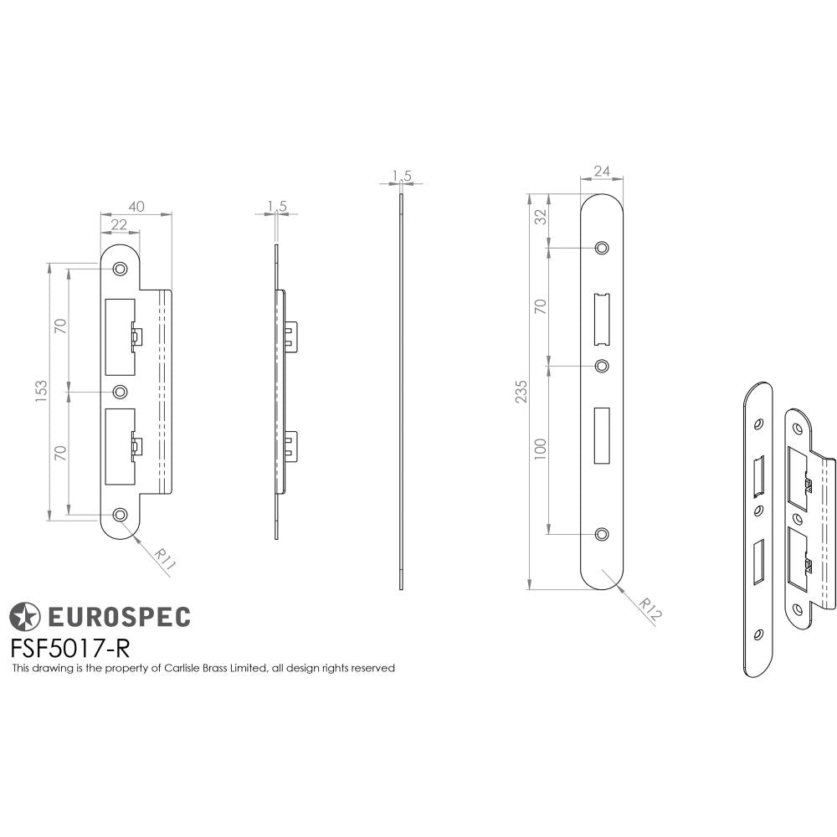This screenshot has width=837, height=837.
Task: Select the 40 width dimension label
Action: pyautogui.click(x=136, y=206)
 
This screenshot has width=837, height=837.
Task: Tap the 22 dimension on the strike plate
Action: pyautogui.click(x=119, y=224)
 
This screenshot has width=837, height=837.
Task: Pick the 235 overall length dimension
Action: pyautogui.click(x=521, y=391)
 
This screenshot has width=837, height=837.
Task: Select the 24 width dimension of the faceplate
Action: pyautogui.click(x=601, y=172)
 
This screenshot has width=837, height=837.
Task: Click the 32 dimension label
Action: pyautogui.click(x=541, y=216)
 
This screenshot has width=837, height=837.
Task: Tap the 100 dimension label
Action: pyautogui.click(x=541, y=447)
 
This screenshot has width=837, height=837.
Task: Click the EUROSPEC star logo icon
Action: pyautogui.click(x=24, y=617)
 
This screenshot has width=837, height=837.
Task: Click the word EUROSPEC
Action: pyautogui.click(x=117, y=618)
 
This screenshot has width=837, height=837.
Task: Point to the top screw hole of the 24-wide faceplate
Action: pyautogui.click(x=602, y=248)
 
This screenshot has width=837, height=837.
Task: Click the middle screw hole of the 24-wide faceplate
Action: pyautogui.click(x=602, y=366)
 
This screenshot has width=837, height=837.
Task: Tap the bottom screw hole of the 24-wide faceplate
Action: pyautogui.click(x=602, y=534)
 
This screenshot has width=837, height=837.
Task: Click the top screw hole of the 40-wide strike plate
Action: pyautogui.click(x=121, y=269)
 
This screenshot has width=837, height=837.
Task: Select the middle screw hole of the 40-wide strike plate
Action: pyautogui.click(x=121, y=392)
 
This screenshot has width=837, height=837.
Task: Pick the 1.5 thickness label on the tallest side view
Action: pyautogui.click(x=402, y=175)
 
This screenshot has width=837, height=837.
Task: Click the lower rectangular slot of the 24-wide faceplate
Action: pyautogui.click(x=602, y=434)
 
